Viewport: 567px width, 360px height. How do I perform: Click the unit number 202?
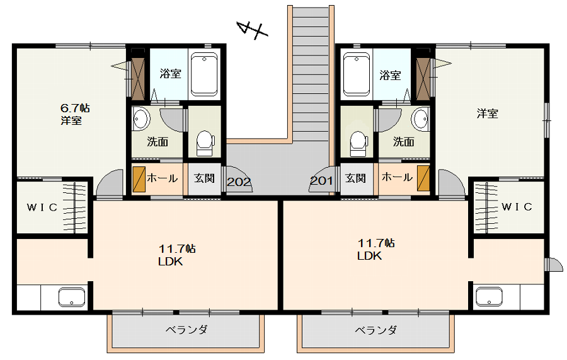239,182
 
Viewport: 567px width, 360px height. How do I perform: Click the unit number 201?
321,180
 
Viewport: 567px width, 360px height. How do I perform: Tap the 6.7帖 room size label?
75,108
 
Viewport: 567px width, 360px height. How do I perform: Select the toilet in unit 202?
205,142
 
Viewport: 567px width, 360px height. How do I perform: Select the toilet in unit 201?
358,143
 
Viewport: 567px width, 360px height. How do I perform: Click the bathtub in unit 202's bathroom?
204,74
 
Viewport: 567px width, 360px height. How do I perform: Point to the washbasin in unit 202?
141,119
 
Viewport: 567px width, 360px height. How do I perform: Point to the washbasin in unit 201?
421,119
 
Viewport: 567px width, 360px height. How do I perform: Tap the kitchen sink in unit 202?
72,297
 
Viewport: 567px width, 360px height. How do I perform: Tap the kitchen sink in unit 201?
489,297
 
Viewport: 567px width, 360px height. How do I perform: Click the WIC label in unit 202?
42,207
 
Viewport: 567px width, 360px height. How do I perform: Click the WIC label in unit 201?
517,207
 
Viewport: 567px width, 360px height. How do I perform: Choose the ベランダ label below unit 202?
186,330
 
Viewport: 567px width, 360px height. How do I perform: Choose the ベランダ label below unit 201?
375,330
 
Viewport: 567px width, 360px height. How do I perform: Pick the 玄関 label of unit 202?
204,178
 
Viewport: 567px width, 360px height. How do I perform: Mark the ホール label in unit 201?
397,177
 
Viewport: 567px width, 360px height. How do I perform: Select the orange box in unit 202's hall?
139,179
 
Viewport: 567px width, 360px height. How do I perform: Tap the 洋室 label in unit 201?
487,113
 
